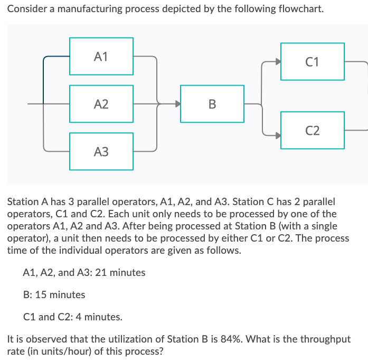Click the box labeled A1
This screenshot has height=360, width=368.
tap(101, 56)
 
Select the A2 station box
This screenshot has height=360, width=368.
tap(101, 104)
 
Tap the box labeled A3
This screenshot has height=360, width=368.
tap(101, 152)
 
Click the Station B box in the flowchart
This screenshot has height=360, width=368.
tap(212, 104)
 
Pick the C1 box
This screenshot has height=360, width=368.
tap(313, 62)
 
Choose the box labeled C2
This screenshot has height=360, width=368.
tap(313, 130)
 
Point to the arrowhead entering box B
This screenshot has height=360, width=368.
tap(177, 104)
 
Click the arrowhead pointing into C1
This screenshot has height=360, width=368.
tap(278, 62)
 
